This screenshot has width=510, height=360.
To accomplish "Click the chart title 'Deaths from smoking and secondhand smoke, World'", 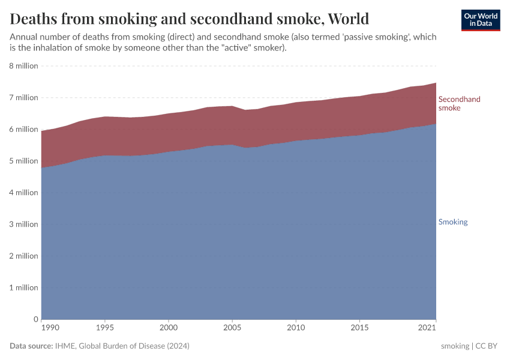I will (189, 19).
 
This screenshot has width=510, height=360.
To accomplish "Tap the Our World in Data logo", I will (480, 20).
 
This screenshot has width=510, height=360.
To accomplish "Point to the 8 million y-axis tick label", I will (23, 66).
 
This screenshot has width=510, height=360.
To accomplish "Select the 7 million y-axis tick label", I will (23, 98).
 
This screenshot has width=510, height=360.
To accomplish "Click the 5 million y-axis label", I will (23, 161).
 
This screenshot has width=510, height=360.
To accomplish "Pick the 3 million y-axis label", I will (23, 224).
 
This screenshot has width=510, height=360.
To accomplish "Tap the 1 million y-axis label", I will (23, 287).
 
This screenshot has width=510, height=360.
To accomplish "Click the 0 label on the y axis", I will (35, 319).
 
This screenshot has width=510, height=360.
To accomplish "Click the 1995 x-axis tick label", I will (105, 328).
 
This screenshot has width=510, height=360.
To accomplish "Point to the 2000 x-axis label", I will (169, 328).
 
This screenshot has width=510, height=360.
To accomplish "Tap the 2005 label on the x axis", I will (232, 328).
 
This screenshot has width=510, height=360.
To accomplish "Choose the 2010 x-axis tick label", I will (296, 328).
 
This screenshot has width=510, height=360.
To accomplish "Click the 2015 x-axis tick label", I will (359, 328).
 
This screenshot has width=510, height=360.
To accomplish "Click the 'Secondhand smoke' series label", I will (459, 104).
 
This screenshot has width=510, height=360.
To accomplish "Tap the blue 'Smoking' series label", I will (453, 222).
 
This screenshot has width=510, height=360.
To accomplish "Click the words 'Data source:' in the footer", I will (31, 346).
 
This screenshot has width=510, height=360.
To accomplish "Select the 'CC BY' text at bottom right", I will (487, 346).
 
